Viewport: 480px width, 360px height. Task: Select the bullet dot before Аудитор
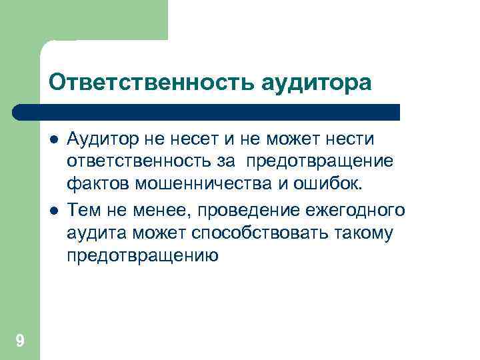click(x=54, y=140)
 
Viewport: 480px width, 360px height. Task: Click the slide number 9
click(x=20, y=341)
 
